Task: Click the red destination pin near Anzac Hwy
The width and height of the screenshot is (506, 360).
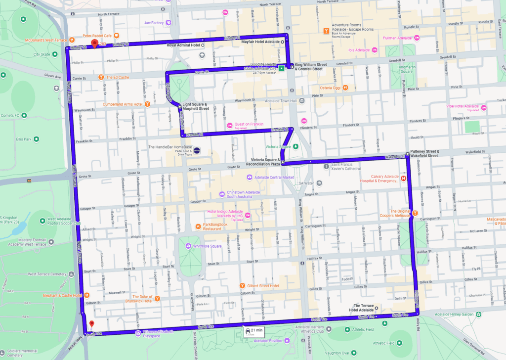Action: [x=91, y=325]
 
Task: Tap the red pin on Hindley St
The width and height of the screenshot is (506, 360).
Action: [x=94, y=44]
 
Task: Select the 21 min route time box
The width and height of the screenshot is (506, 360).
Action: [x=253, y=331]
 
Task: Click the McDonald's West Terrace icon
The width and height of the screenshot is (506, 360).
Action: [x=72, y=40]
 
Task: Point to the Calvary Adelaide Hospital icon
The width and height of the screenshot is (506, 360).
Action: [x=404, y=178]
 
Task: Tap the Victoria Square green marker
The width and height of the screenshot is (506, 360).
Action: [x=295, y=146]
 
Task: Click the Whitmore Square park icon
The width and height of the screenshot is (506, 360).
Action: [x=188, y=246]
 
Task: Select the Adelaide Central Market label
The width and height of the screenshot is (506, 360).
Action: [x=274, y=177]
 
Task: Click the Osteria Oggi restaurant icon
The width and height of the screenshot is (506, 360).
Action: [x=346, y=88]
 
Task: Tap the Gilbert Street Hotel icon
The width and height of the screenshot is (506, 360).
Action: [x=243, y=285]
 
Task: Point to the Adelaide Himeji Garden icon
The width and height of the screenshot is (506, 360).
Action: [x=478, y=314]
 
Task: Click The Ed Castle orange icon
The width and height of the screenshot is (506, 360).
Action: [x=101, y=77]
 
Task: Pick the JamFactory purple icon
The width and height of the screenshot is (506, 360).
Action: [x=168, y=22]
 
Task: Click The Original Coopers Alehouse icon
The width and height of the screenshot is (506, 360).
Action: [x=415, y=213]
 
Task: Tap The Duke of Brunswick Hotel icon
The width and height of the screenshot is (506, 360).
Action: [x=157, y=298]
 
